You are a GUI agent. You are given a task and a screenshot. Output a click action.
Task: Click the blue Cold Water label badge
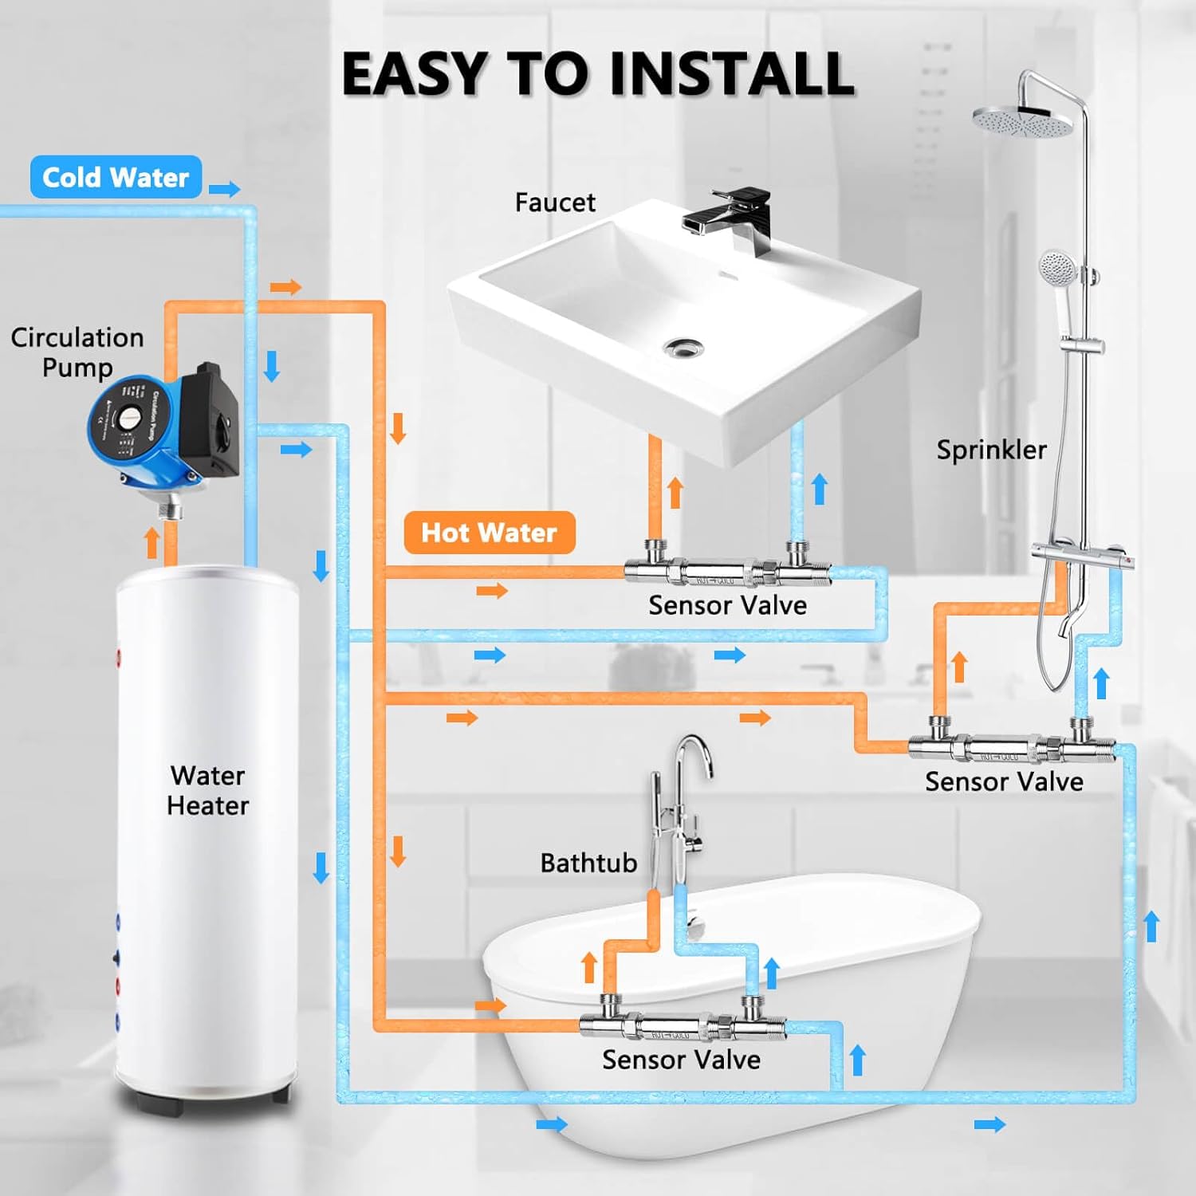116,177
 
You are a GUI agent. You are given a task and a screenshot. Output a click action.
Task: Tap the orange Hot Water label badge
489,533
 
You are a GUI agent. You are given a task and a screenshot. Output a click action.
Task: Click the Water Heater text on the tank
207,790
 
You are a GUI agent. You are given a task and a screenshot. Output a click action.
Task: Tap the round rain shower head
1013,120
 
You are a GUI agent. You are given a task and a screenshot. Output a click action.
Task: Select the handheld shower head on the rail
1059,266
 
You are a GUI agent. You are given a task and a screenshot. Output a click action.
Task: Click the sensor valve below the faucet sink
726,569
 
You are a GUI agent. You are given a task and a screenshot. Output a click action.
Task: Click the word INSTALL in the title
732,73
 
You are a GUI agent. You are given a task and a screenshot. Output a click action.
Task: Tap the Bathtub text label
588,863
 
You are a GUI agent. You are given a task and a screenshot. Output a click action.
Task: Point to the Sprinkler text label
991,450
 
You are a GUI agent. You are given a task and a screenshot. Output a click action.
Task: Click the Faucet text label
555,203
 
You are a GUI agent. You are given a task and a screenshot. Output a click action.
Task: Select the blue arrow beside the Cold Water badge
225,189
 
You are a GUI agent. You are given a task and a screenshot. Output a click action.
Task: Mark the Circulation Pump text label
77,352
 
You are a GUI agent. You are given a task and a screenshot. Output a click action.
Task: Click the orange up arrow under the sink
675,492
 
